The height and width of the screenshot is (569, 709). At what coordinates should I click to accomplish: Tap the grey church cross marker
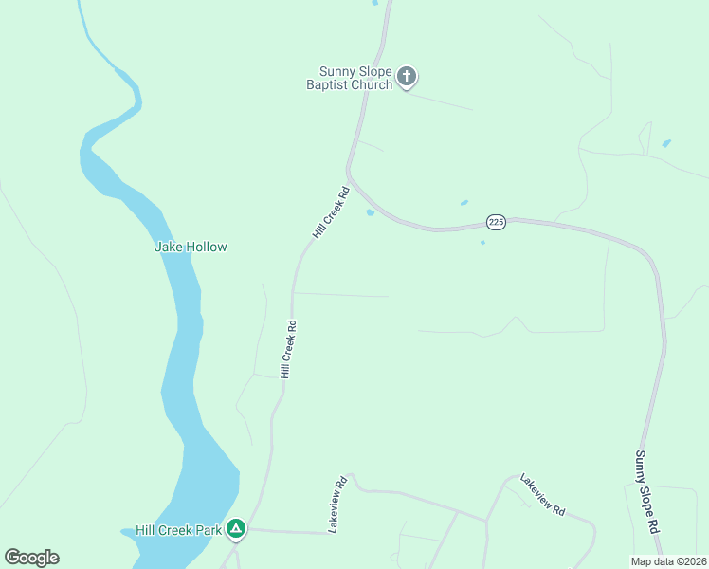407,77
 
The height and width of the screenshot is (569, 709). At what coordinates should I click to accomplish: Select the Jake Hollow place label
191,247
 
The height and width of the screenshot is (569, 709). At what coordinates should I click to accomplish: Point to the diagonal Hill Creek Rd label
332,212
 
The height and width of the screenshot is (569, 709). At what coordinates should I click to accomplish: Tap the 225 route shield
497,222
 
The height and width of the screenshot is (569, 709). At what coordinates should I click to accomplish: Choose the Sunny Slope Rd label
645,490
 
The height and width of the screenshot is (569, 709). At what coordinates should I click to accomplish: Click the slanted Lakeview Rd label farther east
542,495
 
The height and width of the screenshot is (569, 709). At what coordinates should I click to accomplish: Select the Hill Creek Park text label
178,530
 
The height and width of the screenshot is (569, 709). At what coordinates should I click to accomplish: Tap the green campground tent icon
235,529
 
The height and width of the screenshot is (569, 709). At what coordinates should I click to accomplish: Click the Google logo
31,558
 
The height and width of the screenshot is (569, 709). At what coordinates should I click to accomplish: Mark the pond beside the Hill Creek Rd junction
370,212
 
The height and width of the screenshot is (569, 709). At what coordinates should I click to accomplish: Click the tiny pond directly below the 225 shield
482,243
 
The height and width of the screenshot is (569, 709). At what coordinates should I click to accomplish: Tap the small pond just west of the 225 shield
464,202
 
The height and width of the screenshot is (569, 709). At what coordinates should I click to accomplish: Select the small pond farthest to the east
666,143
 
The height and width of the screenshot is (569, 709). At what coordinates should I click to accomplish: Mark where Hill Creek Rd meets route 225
349,175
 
